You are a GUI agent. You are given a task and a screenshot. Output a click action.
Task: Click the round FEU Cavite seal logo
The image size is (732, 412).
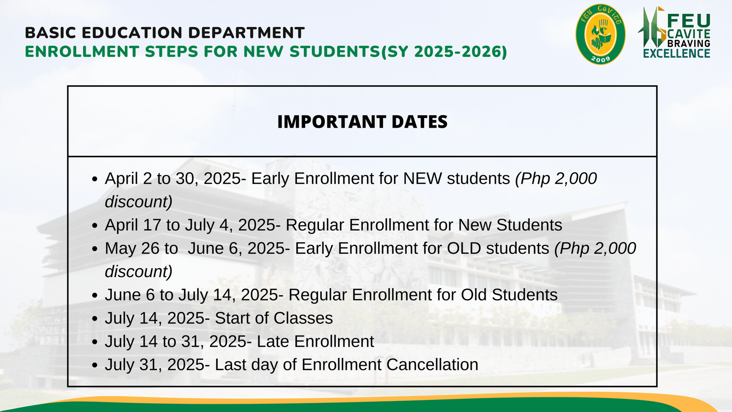(x=600, y=34)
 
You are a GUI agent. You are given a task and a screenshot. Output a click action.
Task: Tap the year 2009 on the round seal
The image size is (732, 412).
(x=600, y=59)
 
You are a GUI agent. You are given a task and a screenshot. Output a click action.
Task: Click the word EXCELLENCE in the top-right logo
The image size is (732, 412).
(x=676, y=54)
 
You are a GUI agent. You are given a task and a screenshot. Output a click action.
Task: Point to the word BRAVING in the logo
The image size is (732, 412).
(x=689, y=43)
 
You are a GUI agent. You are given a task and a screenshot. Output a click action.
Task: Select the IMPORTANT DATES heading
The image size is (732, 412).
(x=362, y=122)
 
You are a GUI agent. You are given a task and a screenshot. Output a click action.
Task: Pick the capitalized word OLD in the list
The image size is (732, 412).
(x=464, y=249)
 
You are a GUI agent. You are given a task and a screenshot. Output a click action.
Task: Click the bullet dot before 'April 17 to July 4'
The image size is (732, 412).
(x=95, y=226)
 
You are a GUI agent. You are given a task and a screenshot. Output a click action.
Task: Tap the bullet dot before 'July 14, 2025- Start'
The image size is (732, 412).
(x=95, y=319)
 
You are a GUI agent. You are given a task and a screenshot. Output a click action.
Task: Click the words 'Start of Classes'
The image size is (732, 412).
(x=274, y=318)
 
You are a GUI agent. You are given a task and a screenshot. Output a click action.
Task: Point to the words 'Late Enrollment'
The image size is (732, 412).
(x=315, y=342)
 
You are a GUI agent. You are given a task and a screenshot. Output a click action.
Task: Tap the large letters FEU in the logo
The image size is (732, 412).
(x=689, y=21)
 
